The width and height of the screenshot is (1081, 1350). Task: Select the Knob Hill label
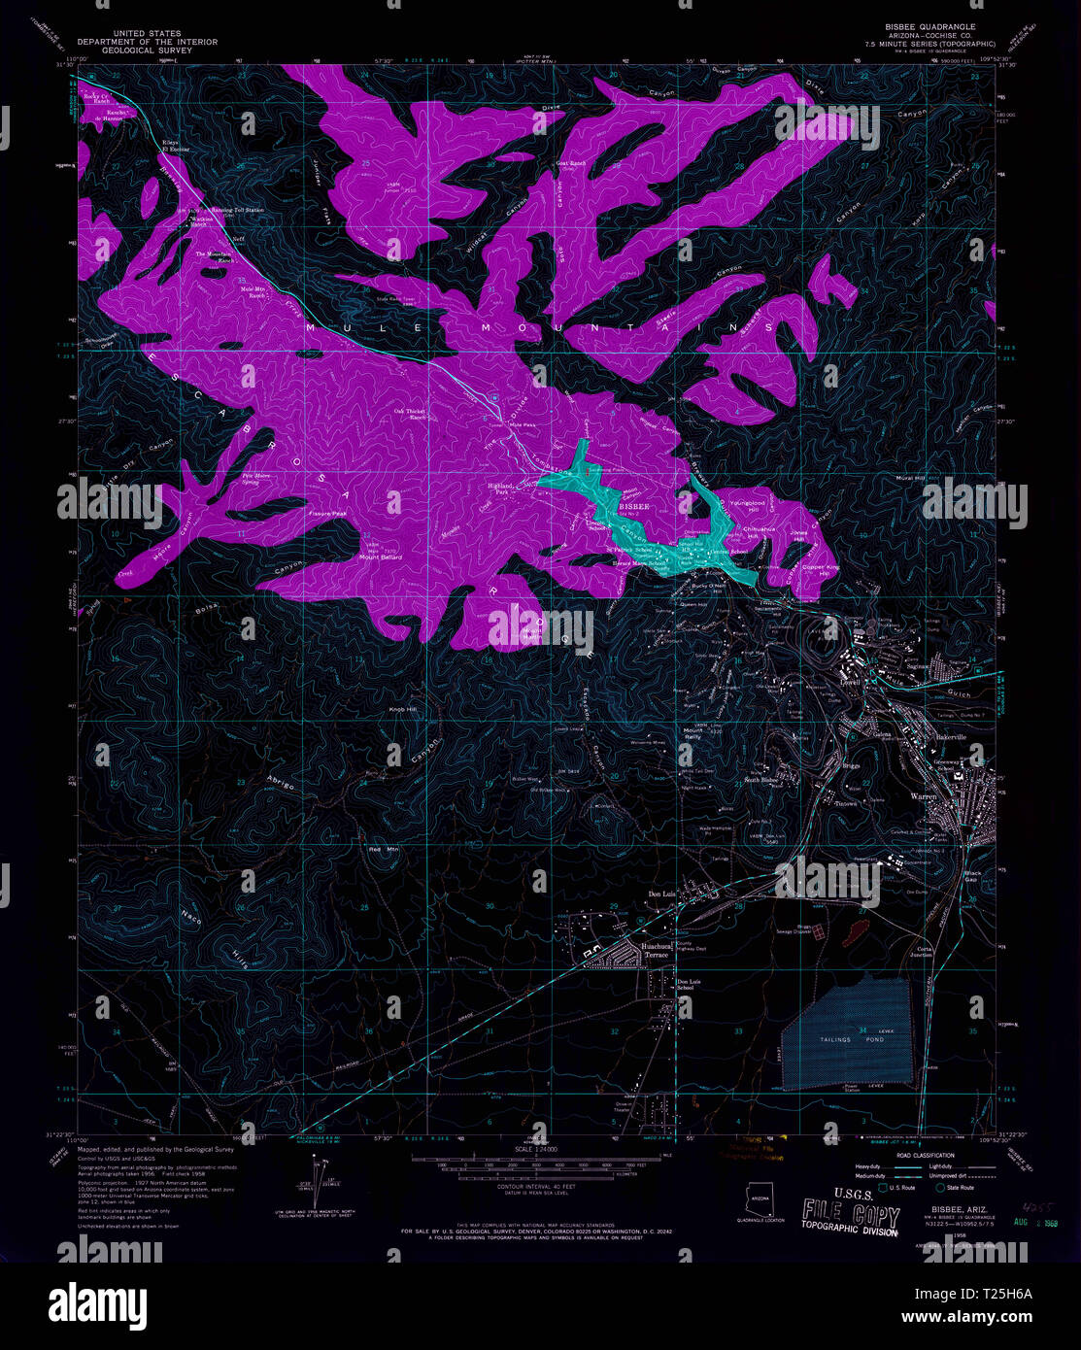403,710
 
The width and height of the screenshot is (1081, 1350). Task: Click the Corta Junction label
921,952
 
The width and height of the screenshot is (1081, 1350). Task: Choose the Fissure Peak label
327,513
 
